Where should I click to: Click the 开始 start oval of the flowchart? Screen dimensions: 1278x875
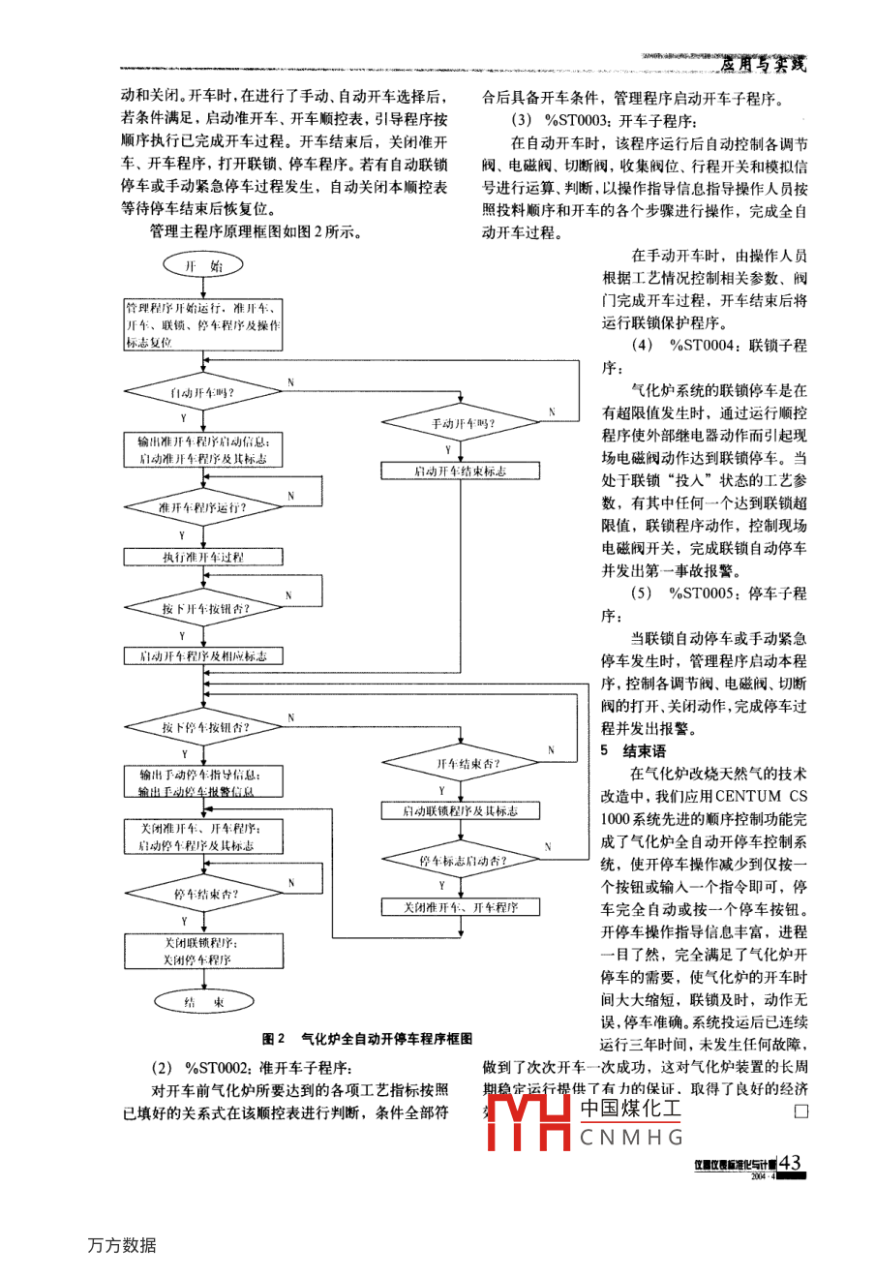(203, 265)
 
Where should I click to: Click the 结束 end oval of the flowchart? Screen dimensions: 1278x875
(203, 1002)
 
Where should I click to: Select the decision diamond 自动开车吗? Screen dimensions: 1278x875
(203, 392)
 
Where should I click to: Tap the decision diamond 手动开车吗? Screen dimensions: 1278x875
(461, 423)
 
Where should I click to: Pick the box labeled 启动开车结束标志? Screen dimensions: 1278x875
(461, 472)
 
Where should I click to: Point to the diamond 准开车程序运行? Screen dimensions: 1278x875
(203, 506)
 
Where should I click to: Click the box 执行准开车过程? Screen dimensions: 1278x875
(203, 557)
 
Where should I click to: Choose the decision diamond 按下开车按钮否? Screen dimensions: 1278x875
(203, 608)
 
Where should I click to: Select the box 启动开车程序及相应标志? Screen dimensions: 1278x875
(203, 656)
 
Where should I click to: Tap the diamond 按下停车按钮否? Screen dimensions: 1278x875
(203, 727)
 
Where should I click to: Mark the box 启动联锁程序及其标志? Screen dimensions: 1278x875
(461, 811)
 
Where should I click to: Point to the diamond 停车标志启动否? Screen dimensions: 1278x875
(461, 860)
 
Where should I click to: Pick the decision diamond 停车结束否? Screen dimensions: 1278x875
(203, 894)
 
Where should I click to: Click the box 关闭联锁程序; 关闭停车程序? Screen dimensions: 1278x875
(203, 951)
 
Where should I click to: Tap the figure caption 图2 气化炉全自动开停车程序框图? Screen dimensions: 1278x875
(367, 1038)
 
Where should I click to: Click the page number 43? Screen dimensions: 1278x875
(790, 1163)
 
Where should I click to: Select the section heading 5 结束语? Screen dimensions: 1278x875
(633, 750)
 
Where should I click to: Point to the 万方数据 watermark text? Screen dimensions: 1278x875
(121, 1245)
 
